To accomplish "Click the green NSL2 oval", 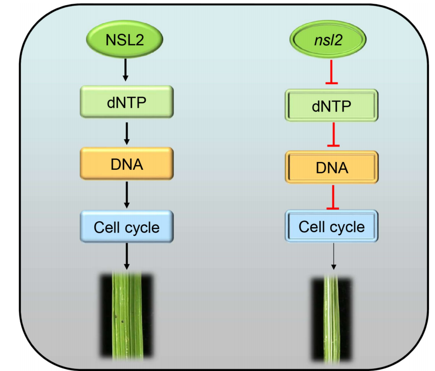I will pyautogui.click(x=125, y=41).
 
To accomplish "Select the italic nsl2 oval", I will pyautogui.click(x=328, y=41).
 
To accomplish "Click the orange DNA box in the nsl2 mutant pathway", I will pyautogui.click(x=331, y=168).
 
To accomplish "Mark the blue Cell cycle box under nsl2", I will pyautogui.click(x=331, y=226).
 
